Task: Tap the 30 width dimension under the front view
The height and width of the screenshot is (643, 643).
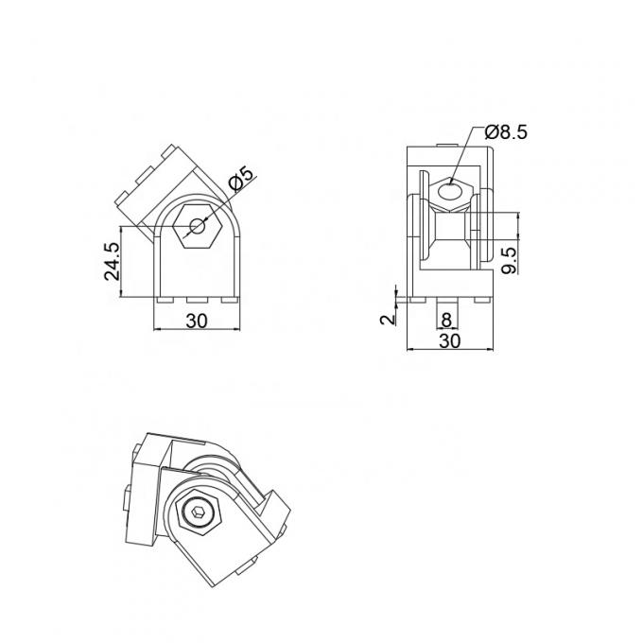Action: coord(196,321)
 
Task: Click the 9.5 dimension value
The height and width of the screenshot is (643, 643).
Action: coord(509,258)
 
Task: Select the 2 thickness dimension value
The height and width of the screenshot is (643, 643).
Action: coord(386,319)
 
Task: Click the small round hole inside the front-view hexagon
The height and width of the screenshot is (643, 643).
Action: coord(196,225)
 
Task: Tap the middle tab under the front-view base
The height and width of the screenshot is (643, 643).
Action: coord(196,300)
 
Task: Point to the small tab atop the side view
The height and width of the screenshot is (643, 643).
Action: coord(442,145)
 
